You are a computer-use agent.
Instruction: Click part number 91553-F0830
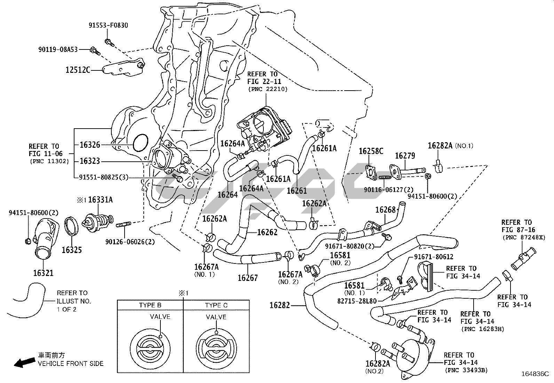pyautogui.click(x=108, y=25)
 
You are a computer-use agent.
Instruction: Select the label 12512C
pyautogui.click(x=78, y=70)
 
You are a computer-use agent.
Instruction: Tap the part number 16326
pyautogui.click(x=90, y=145)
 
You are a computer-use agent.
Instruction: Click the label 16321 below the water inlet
pyautogui.click(x=43, y=273)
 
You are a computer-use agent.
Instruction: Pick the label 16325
pyautogui.click(x=72, y=250)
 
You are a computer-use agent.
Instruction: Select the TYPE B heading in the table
pyautogui.click(x=150, y=305)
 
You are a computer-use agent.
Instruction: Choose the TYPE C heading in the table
pyautogui.click(x=216, y=305)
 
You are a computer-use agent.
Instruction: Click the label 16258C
pyautogui.click(x=371, y=151)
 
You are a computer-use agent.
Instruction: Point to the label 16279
pyautogui.click(x=405, y=155)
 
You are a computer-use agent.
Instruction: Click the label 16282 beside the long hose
pyautogui.click(x=280, y=306)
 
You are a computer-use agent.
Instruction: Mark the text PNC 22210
pyautogui.click(x=268, y=89)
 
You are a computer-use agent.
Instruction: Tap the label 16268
pyautogui.click(x=386, y=209)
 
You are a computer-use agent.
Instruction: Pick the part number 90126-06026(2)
pyautogui.click(x=130, y=242)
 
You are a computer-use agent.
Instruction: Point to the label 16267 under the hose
pyautogui.click(x=248, y=278)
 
